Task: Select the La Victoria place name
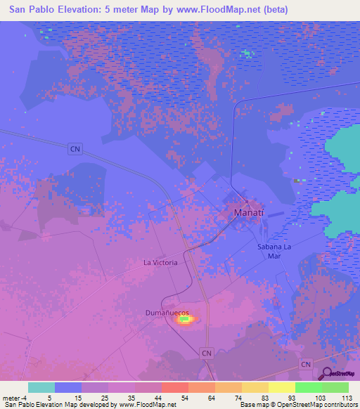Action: (x=160, y=262)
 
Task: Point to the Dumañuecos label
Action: (x=168, y=310)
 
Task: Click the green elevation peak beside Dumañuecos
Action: (x=185, y=320)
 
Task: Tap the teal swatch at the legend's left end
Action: (x=41, y=387)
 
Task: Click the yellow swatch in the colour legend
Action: (x=281, y=387)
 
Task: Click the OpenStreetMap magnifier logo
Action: (x=327, y=374)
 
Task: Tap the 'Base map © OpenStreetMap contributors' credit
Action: (x=297, y=405)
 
